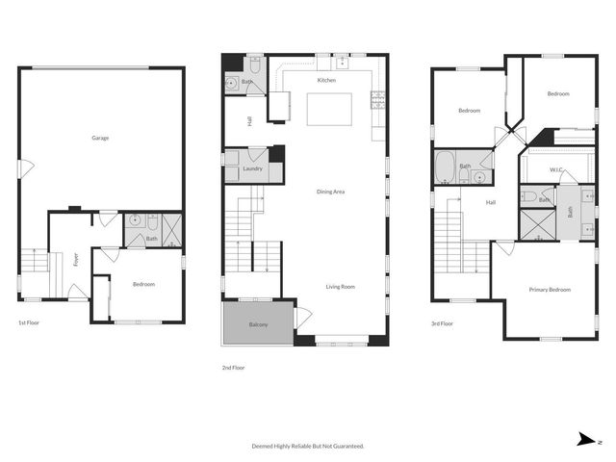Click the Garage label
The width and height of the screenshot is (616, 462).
[x=100, y=138]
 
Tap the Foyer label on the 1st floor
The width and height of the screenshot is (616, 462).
[x=75, y=260]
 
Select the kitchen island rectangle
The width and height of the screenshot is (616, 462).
[x=327, y=109]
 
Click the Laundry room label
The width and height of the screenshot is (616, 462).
[x=253, y=168]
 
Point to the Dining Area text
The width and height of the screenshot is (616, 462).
[x=330, y=192]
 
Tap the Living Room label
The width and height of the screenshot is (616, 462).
[x=341, y=286]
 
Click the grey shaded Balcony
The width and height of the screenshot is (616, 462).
[x=258, y=324]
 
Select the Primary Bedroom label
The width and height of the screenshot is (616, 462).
[x=550, y=290]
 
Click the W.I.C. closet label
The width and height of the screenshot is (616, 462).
[x=556, y=170]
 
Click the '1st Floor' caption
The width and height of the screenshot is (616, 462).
[x=29, y=323]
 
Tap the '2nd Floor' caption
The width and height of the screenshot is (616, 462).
[x=234, y=367]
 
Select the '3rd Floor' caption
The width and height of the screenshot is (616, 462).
[x=442, y=323]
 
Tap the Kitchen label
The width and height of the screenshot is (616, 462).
[x=326, y=80]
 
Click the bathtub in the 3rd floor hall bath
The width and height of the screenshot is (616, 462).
[x=446, y=167]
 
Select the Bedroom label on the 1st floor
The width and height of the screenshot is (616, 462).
[x=142, y=285]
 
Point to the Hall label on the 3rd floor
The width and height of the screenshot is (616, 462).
[x=490, y=202]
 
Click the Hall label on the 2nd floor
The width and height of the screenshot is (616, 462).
[x=249, y=120]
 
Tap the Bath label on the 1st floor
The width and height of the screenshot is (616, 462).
[x=151, y=238]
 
